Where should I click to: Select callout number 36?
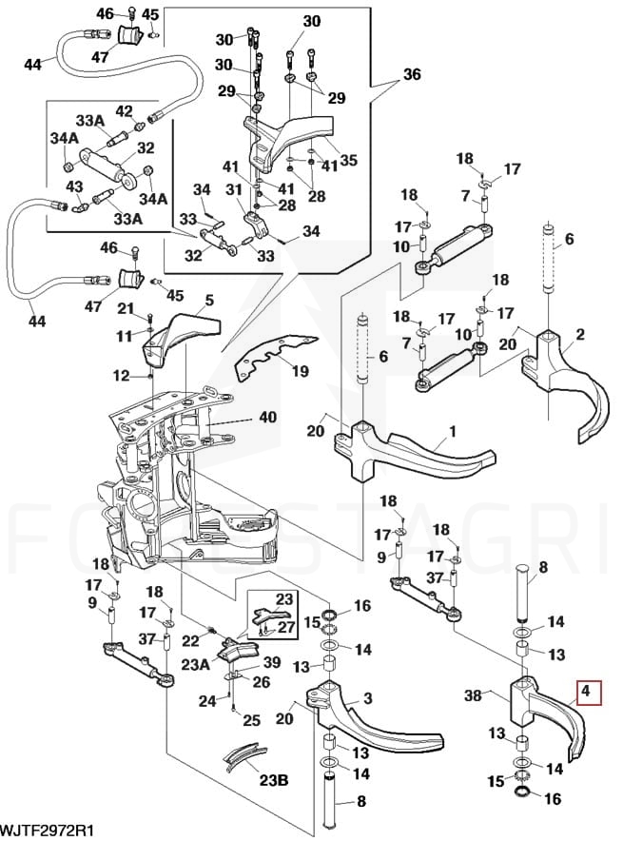tap(411, 75)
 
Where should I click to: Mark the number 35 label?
tap(348, 160)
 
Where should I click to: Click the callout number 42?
tap(124, 111)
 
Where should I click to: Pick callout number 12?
tap(121, 377)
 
